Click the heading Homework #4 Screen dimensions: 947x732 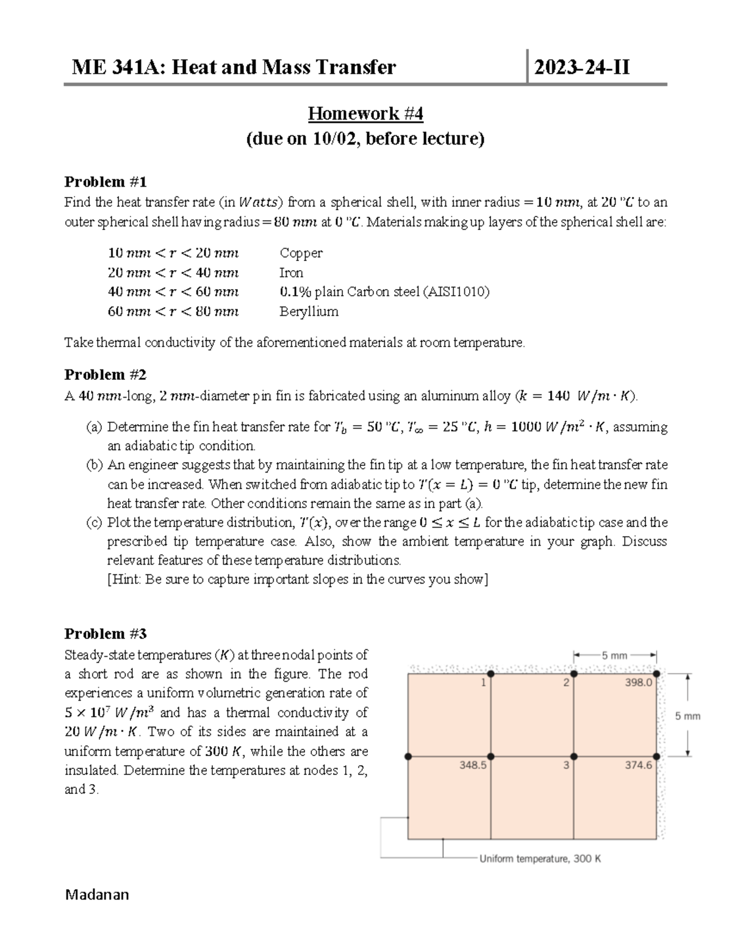point(365,113)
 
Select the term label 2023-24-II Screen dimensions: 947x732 point(581,66)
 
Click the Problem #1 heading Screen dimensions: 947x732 point(106,182)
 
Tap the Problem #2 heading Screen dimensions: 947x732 point(106,374)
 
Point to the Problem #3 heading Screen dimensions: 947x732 point(106,634)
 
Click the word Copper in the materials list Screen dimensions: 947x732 point(301,253)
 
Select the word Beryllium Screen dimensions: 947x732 point(309,312)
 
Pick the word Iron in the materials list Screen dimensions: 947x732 point(291,273)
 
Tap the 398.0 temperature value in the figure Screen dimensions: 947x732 point(638,683)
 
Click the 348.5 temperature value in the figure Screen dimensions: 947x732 point(473,765)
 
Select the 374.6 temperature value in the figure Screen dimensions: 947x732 point(638,765)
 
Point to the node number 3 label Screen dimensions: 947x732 point(566,765)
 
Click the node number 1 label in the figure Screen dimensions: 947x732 point(483,683)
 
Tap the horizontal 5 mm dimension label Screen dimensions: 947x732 point(614,656)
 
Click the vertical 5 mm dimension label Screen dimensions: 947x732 point(687,717)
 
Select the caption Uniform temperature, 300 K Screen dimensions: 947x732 point(540,859)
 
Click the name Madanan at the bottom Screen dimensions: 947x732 point(97,895)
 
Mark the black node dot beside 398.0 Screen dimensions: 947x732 point(656,674)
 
